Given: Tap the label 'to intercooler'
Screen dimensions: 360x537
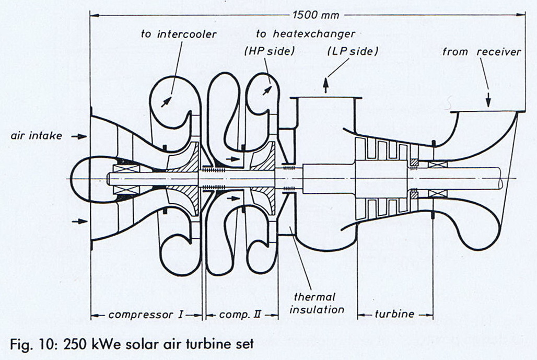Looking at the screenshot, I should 179,34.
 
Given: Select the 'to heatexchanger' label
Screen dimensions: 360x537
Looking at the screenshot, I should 306,34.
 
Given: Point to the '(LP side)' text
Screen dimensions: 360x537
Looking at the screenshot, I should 352,52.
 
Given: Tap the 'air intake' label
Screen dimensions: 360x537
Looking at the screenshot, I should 37,136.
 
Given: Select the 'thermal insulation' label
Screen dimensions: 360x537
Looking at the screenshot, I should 317,303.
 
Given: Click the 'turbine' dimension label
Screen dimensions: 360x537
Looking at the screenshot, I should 395,315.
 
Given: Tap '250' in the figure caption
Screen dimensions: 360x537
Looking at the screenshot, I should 73,344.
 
